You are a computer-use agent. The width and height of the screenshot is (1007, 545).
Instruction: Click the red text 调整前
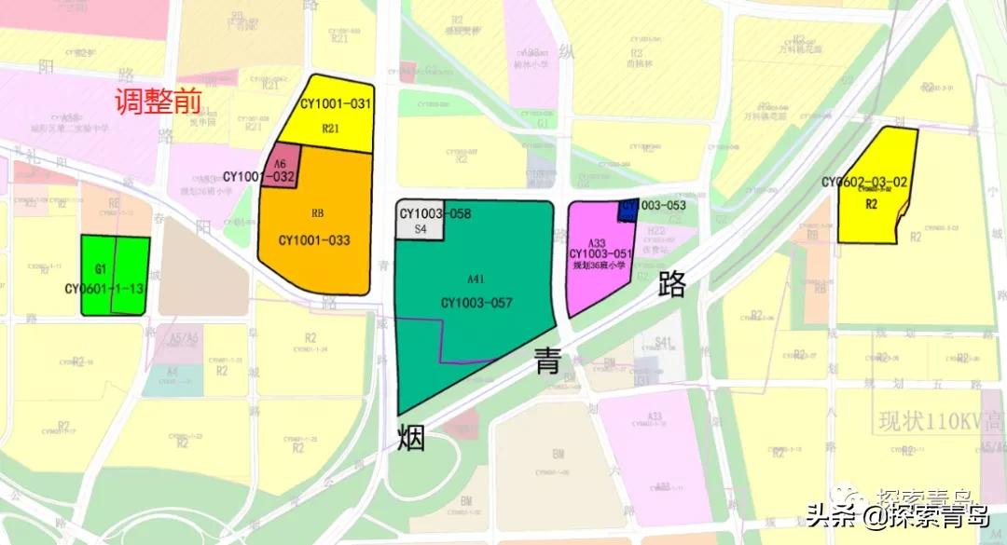pos(159,102)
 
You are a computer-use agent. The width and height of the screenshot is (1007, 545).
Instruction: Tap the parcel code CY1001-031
pos(336,104)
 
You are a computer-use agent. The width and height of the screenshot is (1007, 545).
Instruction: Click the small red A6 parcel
pos(280,164)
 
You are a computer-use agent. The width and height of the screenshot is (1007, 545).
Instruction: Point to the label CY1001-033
pos(314,240)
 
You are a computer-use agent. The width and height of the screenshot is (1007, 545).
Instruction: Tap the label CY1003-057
pos(477,302)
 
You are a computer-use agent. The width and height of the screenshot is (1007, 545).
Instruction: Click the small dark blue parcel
pos(628,209)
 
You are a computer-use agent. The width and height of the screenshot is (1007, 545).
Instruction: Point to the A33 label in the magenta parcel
pos(598,243)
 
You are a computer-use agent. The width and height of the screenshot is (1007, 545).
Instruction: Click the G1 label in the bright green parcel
pos(101,268)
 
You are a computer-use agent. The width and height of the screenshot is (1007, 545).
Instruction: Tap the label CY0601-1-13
pos(104,289)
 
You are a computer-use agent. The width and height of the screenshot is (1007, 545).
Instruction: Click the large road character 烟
pos(410,436)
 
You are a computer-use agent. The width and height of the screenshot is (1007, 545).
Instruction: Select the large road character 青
pos(547,359)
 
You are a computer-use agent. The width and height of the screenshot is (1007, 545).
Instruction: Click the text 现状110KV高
pos(941,422)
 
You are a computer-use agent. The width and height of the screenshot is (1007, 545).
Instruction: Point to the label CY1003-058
pos(435,213)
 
